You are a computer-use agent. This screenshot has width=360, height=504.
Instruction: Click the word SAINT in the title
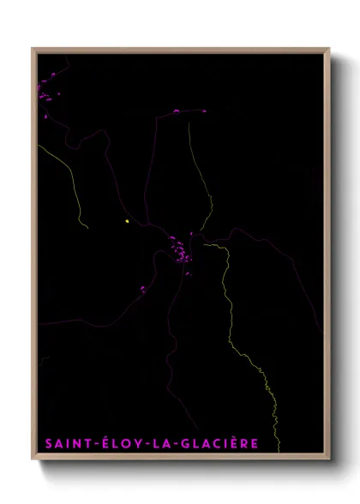pyautogui.click(x=66, y=444)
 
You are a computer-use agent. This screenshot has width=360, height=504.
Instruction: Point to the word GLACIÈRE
pyautogui.click(x=216, y=444)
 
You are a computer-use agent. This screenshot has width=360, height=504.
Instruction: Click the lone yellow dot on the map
pyautogui.click(x=127, y=221)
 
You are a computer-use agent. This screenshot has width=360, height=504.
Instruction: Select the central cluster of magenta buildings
pyautogui.click(x=179, y=252)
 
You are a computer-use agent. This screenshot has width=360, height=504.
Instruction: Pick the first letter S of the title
pyautogui.click(x=47, y=444)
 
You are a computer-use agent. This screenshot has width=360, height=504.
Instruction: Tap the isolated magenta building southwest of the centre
pyautogui.click(x=143, y=289)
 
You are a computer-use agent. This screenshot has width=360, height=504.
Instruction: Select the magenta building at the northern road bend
pyautogui.click(x=177, y=111)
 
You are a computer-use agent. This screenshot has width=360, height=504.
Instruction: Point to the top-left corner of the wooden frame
pyautogui.click(x=33, y=49)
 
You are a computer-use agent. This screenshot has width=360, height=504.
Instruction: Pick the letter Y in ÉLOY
pyautogui.click(x=135, y=444)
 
